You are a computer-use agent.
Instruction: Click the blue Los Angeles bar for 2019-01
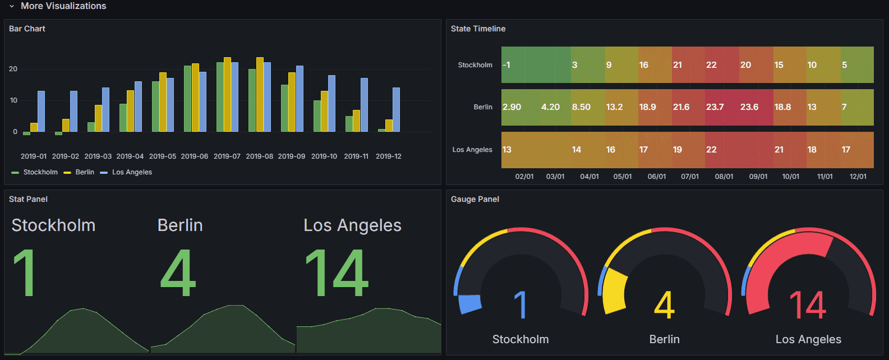tap(41, 111)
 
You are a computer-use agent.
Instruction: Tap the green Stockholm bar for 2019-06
tap(187, 99)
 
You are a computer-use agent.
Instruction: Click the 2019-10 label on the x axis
tap(324, 156)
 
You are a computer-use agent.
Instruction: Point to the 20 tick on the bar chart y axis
tap(13, 69)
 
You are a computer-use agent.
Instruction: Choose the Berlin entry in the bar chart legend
tap(85, 172)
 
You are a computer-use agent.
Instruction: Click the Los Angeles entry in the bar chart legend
tap(132, 172)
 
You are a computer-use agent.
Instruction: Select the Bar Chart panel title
tap(27, 29)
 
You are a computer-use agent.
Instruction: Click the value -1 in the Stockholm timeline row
tap(506, 65)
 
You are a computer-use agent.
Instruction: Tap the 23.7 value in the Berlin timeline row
tap(715, 107)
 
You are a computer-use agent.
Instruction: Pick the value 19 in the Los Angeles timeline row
tap(678, 150)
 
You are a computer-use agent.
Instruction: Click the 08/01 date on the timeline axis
tap(724, 177)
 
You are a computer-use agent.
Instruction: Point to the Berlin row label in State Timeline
tap(482, 107)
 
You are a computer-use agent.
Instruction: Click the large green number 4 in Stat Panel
tap(178, 274)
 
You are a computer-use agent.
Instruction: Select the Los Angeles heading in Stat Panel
tap(352, 225)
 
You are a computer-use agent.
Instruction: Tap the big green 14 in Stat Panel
tap(337, 274)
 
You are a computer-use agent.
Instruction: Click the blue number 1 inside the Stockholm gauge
tap(520, 305)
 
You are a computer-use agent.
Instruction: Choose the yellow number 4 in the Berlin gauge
tap(664, 305)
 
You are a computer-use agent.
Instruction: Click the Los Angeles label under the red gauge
tap(808, 339)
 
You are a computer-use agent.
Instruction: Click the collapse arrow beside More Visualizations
tap(12, 6)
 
